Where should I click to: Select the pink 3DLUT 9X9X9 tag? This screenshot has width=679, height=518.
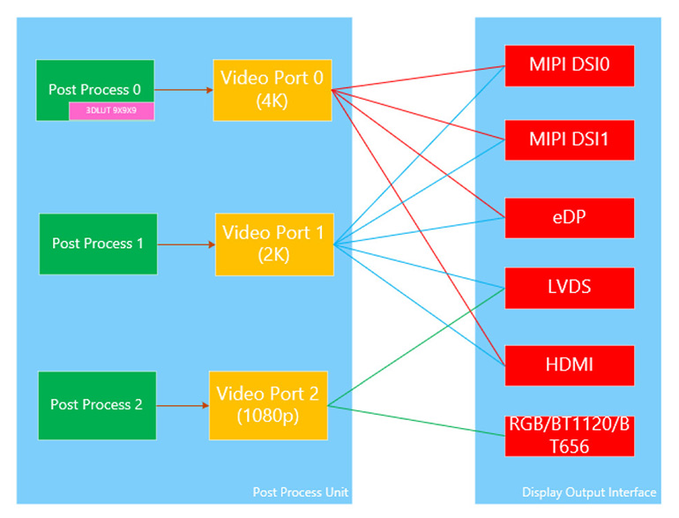[112, 111]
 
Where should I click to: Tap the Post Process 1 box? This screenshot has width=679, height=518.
[98, 244]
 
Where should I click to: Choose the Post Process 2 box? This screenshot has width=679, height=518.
[97, 405]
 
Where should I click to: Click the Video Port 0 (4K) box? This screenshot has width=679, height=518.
[272, 90]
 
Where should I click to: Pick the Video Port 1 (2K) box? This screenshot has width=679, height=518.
[273, 244]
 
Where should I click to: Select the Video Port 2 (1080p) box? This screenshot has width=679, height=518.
[268, 405]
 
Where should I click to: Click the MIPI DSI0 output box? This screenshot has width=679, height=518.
[569, 64]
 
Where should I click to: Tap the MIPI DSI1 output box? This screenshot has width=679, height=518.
[569, 139]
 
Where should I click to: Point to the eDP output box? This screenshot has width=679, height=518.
[569, 218]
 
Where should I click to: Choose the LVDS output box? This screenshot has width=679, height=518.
[569, 287]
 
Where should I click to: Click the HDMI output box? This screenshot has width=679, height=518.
[569, 365]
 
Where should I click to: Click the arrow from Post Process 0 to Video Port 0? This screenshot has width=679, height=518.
[183, 89]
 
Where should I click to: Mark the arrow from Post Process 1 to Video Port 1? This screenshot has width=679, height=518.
[186, 244]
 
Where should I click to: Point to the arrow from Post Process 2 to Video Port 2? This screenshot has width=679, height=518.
[183, 406]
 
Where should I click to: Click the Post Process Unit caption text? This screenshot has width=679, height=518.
[300, 492]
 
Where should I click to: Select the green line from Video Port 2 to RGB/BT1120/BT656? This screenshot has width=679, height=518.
[414, 420]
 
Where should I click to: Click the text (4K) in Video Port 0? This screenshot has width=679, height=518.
[272, 101]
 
